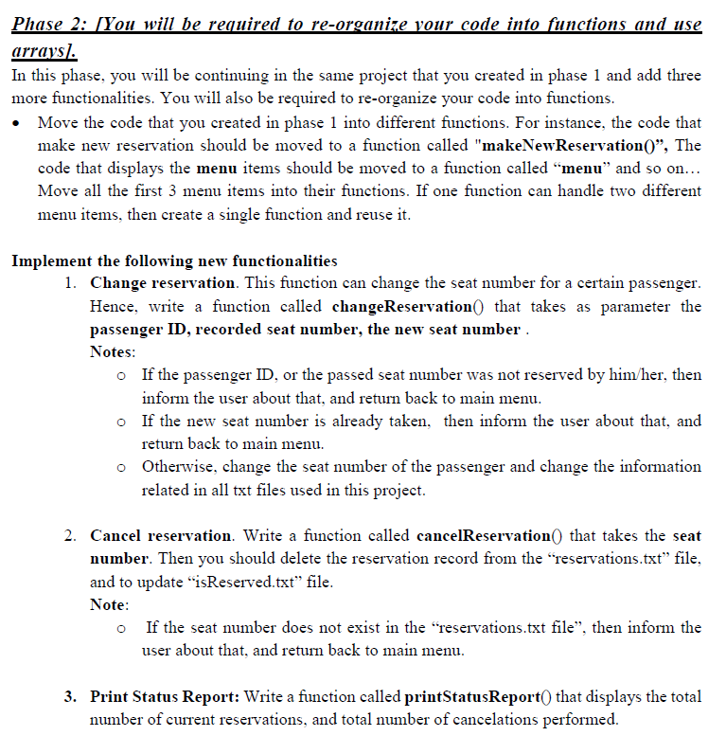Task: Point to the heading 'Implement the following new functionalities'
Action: point(174,260)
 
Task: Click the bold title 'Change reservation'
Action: point(162,283)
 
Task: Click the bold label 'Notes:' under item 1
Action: point(113,351)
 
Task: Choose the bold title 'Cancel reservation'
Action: point(161,535)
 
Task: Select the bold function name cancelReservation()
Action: point(481,535)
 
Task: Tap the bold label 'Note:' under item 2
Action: point(110,603)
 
